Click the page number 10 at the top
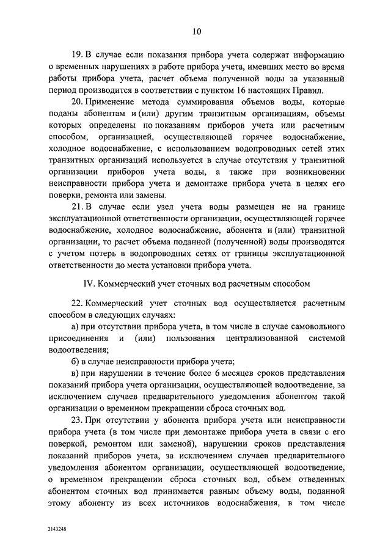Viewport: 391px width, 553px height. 195,32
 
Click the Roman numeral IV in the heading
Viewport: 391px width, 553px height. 88,284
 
